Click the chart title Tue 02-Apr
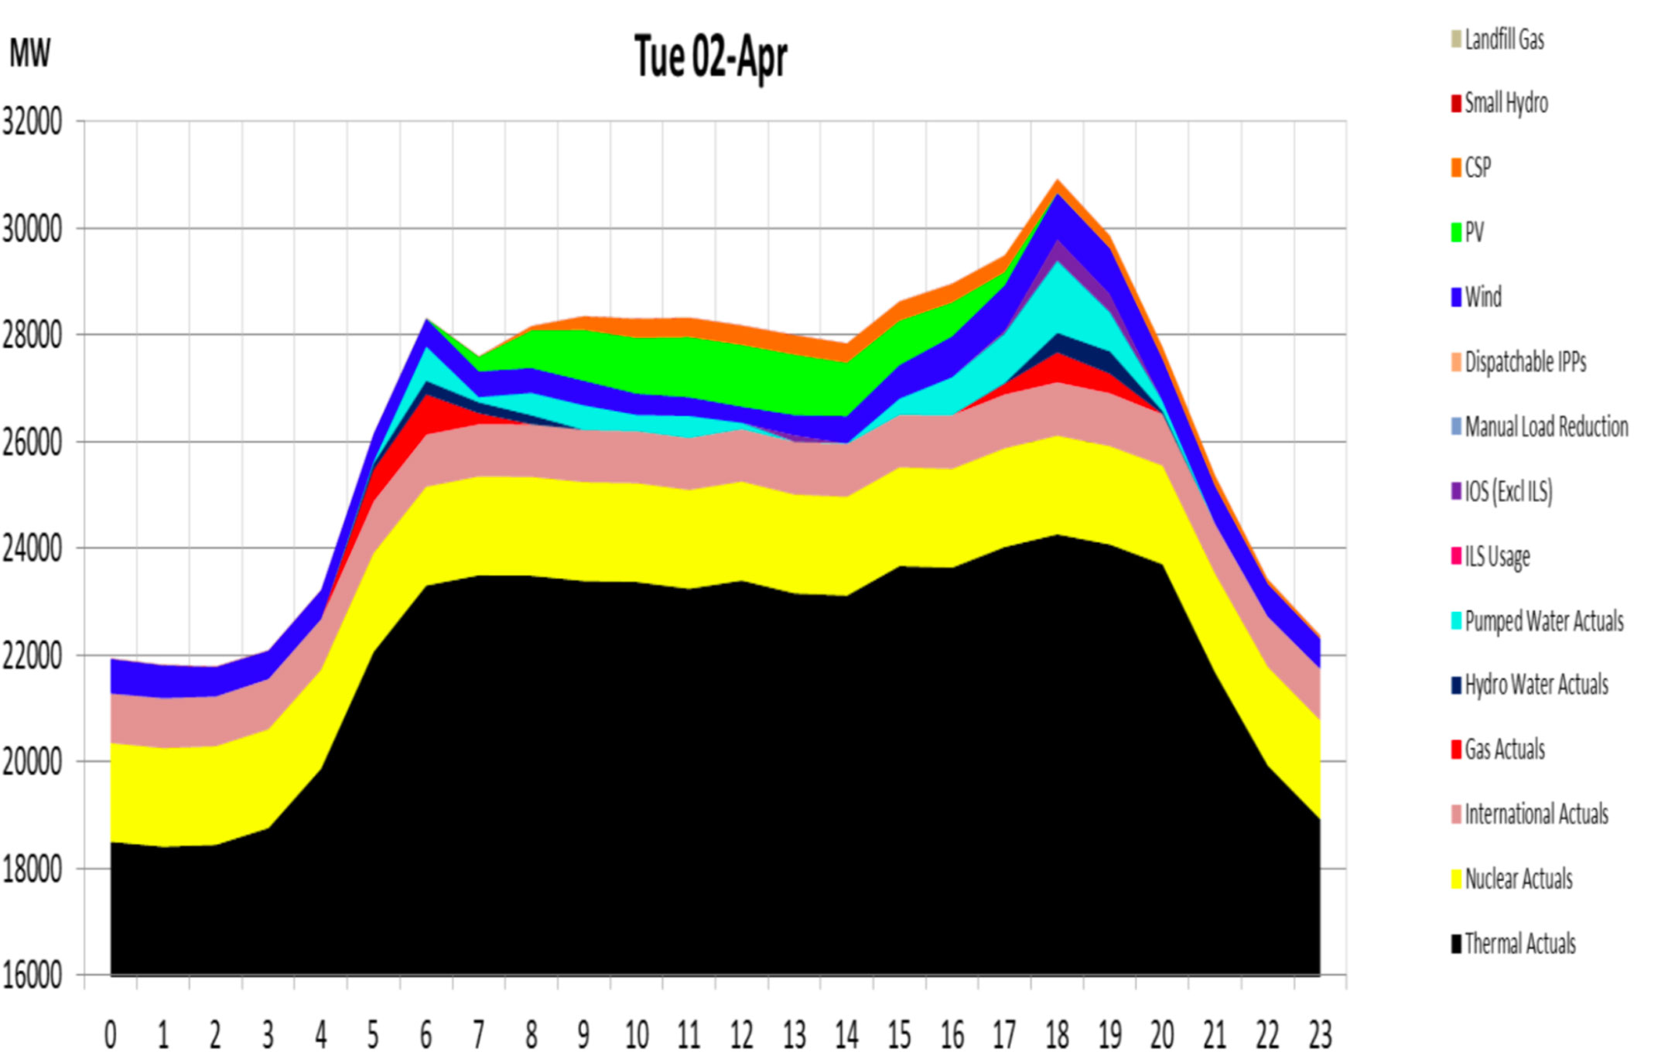click(710, 57)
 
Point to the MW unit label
click(29, 53)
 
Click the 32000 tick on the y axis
click(32, 121)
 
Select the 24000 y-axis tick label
click(32, 549)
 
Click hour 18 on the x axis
click(1057, 1033)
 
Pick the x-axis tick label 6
click(426, 1033)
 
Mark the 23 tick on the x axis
click(1320, 1033)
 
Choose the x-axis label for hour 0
click(111, 1033)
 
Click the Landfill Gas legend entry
click(1504, 39)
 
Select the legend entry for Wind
click(1482, 297)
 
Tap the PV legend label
click(1474, 232)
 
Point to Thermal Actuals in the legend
click(1519, 944)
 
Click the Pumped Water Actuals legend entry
click(1543, 621)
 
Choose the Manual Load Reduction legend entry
click(1546, 427)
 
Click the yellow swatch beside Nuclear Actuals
click(1456, 880)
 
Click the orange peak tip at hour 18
click(1058, 183)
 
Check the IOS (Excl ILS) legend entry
click(1508, 491)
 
